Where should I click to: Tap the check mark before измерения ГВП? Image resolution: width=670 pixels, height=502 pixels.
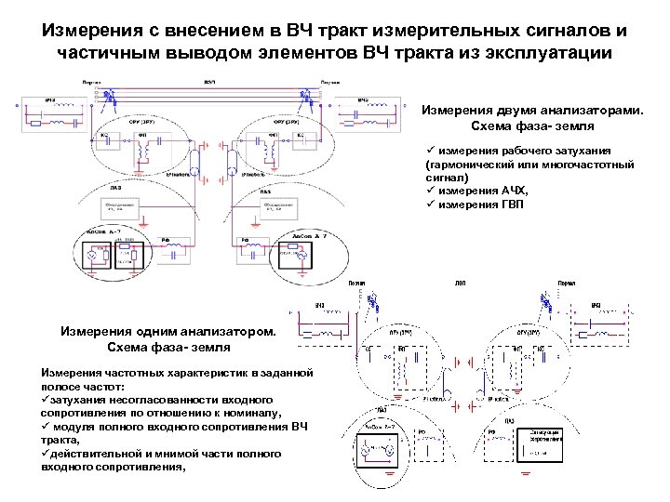pyautogui.click(x=429, y=204)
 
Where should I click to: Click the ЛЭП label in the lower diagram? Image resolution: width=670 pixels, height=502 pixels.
pyautogui.click(x=460, y=283)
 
